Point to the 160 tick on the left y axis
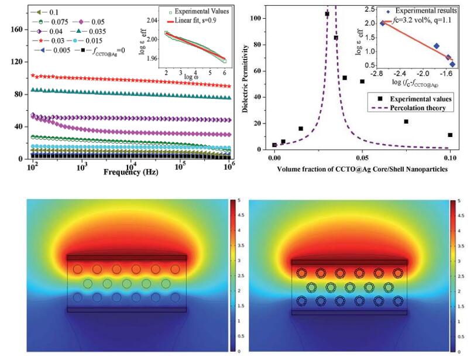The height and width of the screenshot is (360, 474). (x=19, y=29)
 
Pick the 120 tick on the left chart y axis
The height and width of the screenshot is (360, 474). (x=19, y=62)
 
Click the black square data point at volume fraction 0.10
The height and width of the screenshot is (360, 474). (x=450, y=135)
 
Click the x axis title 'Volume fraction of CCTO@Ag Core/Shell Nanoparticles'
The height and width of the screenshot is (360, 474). (x=363, y=169)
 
